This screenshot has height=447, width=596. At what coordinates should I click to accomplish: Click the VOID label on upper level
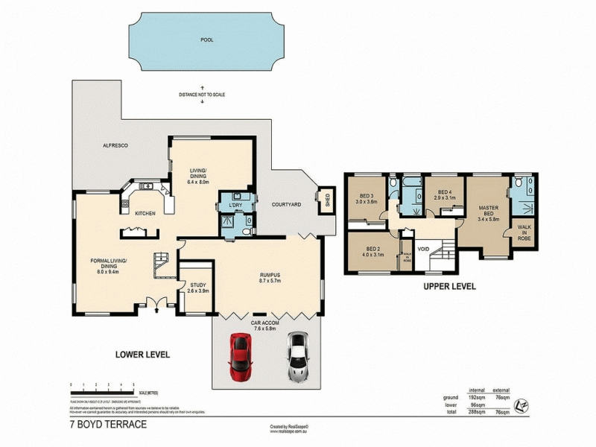[x=423, y=250]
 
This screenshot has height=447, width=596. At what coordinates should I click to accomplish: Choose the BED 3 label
[x=366, y=195]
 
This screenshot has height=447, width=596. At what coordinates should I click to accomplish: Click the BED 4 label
[x=446, y=191]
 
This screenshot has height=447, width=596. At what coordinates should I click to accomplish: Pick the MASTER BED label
[x=489, y=210]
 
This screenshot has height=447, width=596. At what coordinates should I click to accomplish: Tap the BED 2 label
[x=374, y=251]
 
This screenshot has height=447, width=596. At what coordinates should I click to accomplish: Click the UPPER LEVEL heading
[x=449, y=286]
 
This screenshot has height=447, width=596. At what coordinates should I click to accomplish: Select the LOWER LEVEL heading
[x=144, y=355]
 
